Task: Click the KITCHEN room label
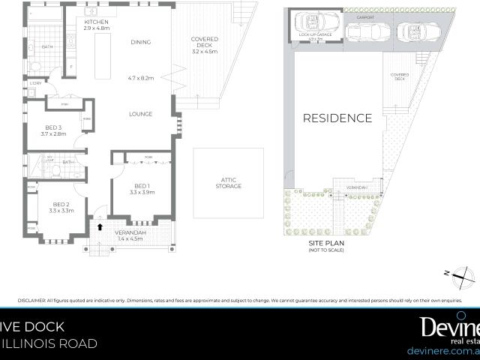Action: pos(97,22)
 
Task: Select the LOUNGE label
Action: pos(141,114)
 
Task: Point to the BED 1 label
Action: pos(142,186)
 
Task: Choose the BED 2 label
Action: pos(61,205)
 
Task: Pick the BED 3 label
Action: pos(53,127)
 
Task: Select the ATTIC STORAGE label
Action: pos(229,182)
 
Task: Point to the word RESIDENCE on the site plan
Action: pos(337,118)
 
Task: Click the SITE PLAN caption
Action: pos(325,244)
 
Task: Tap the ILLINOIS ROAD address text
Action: pos(49,344)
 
